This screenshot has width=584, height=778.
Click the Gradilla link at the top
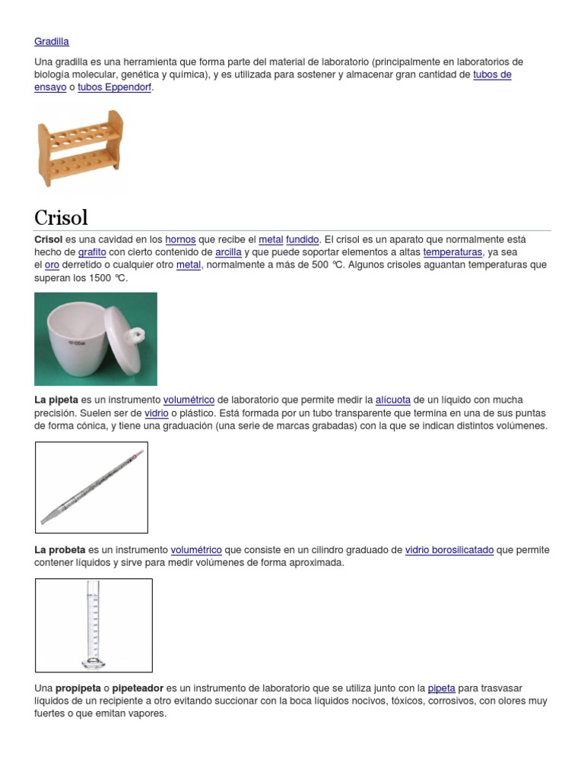coord(52,42)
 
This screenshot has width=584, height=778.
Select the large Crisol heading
coord(62,217)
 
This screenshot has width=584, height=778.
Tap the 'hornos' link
coord(180,239)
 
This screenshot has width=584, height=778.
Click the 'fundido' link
coord(302,239)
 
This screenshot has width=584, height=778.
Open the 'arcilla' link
coord(228,252)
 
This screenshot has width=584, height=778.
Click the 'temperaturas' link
coord(452,252)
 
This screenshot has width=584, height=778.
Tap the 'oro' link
coord(52,265)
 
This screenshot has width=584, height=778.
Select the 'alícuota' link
coord(393,400)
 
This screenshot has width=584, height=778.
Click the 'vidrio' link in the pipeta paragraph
coord(156,413)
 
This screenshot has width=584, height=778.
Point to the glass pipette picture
coord(91,487)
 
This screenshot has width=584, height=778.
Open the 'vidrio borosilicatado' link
coord(449,550)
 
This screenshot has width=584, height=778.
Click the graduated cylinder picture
coord(94,625)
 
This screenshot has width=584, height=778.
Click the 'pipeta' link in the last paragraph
coord(441,688)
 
